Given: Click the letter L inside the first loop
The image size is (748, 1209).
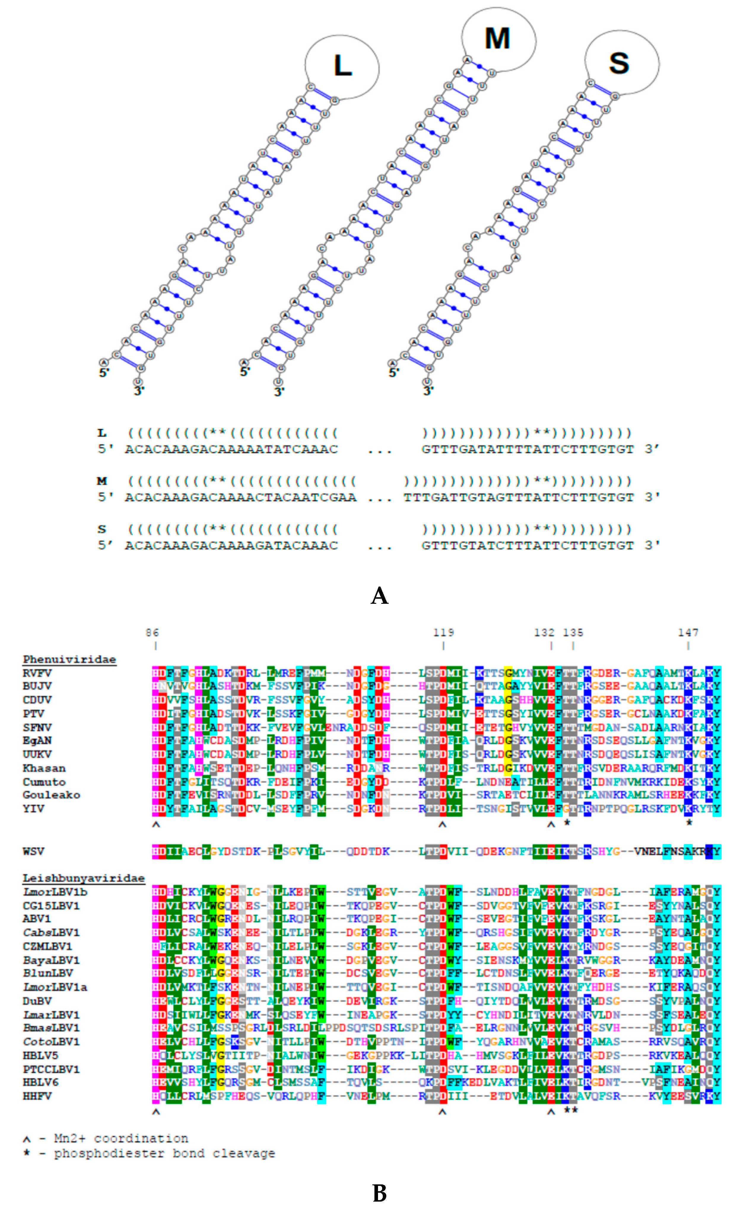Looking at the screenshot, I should pos(343,66).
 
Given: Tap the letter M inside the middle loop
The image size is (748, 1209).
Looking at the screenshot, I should pos(497,39).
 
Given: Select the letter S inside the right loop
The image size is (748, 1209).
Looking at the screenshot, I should pos(619,63).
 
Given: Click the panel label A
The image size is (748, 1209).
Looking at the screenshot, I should pos(379,595).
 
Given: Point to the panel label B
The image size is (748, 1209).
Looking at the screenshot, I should pos(379,1193).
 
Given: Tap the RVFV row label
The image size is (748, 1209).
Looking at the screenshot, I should pos(37,673).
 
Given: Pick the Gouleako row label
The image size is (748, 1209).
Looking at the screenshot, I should pos(51,795).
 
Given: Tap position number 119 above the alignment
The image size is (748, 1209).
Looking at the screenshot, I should pos(443,632).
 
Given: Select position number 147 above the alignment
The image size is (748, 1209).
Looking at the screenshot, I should pos(688,632).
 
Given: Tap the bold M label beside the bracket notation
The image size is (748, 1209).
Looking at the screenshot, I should pos(102,481).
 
